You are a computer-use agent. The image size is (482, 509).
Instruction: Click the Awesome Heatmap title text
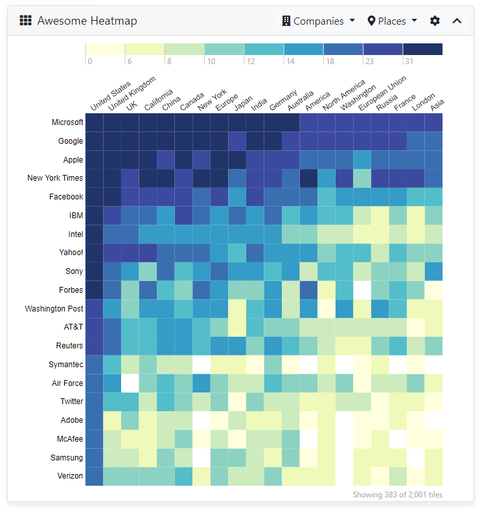[87, 21]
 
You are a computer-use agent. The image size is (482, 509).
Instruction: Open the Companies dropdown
[319, 21]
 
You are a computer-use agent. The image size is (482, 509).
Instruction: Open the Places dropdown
[393, 21]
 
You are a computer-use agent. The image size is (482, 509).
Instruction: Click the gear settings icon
[435, 21]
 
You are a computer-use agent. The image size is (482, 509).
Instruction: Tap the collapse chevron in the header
[457, 21]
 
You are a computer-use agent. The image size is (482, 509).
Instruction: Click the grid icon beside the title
[25, 21]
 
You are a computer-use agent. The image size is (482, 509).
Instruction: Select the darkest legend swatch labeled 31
[422, 49]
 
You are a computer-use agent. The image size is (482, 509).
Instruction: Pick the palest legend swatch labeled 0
[104, 49]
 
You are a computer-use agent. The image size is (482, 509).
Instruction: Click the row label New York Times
[55, 178]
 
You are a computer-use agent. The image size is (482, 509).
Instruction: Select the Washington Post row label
[54, 309]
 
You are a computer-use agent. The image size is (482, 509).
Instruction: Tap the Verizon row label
[69, 476]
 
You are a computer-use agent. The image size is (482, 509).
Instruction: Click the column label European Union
[383, 96]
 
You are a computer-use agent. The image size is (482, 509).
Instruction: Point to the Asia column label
[437, 104]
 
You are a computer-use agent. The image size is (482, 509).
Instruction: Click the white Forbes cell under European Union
[362, 290]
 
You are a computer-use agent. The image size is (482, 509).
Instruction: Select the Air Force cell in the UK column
[130, 383]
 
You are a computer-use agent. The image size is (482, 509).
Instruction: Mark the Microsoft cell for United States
[95, 122]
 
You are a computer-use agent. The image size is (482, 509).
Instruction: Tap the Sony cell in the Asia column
[433, 271]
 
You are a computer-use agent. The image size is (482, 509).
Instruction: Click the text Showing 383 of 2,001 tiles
[397, 495]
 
